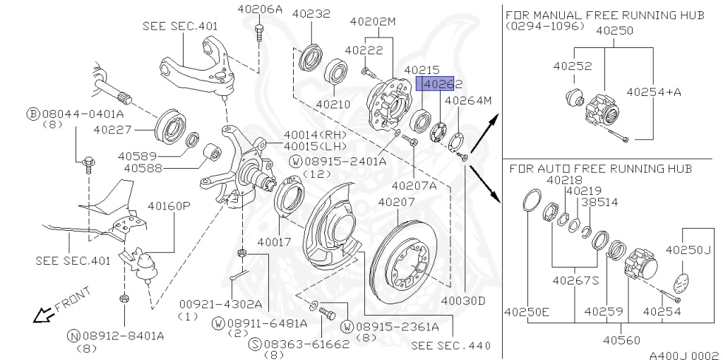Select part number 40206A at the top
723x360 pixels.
(259, 9)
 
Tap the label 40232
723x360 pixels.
(311, 13)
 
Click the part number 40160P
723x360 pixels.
(169, 206)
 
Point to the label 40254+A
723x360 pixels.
(654, 92)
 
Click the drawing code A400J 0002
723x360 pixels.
(683, 355)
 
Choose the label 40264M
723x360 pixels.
(467, 100)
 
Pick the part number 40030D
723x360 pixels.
(463, 301)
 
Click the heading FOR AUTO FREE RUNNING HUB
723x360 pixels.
(599, 169)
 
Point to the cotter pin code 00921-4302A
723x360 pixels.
(220, 304)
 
